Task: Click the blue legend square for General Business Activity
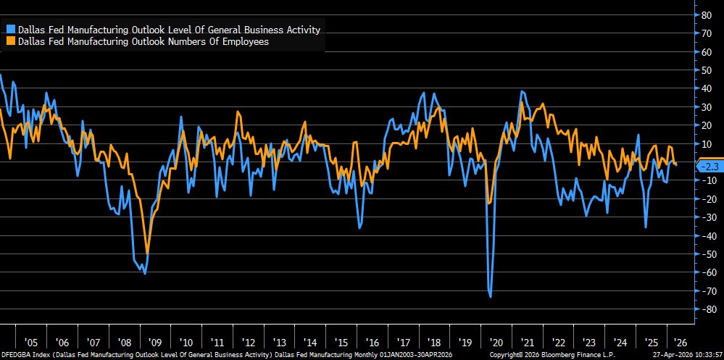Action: click(x=11, y=30)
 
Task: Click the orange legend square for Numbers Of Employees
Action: click(x=11, y=42)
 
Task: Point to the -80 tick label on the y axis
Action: click(x=702, y=309)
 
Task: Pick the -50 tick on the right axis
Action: click(x=702, y=254)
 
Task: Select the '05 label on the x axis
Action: click(x=30, y=342)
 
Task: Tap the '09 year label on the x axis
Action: click(x=155, y=342)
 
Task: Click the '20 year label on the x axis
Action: click(x=496, y=342)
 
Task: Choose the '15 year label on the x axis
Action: click(x=341, y=342)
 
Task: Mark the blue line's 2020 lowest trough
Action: click(x=491, y=296)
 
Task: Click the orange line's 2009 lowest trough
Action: click(x=148, y=253)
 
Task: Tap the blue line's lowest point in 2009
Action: click(x=145, y=274)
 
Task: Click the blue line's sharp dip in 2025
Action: click(x=646, y=227)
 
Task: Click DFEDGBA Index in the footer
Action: click(x=22, y=355)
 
